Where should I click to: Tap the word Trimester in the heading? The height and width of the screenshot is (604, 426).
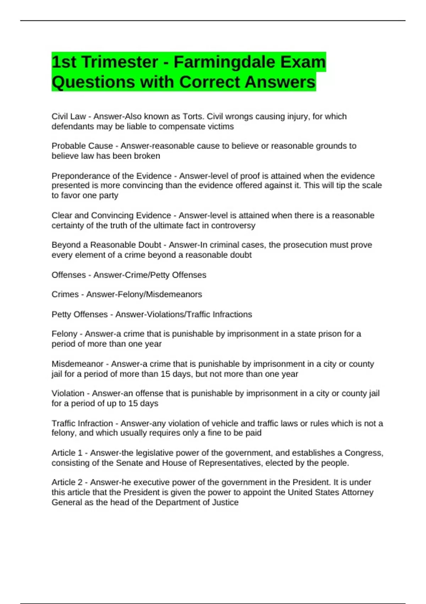(x=120, y=62)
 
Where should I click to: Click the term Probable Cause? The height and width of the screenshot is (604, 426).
(x=82, y=146)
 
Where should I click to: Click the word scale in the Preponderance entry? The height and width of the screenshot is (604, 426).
(x=371, y=185)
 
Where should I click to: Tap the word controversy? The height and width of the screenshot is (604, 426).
(x=233, y=226)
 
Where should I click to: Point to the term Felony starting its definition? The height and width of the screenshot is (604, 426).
(x=64, y=334)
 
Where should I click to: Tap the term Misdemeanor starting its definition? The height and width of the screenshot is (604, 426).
(x=77, y=364)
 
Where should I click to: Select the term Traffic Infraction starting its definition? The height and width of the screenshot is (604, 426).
(x=82, y=424)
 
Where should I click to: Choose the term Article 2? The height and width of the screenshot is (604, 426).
(x=67, y=482)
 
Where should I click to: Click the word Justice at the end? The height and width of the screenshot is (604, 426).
(x=225, y=502)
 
